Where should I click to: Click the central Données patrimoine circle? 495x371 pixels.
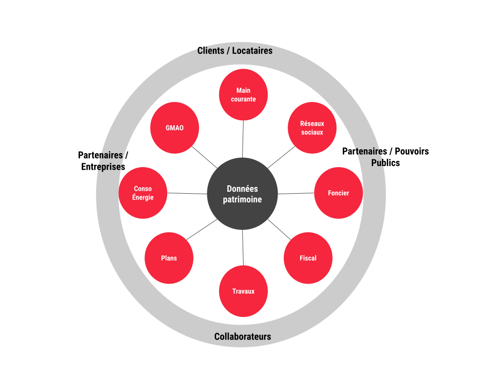[x=242, y=194]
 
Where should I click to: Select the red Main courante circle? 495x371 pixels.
[x=243, y=95]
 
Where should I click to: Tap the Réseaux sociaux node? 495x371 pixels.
[x=312, y=128]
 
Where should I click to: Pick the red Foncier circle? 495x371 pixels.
[x=338, y=193]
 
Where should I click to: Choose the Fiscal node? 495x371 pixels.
[x=308, y=258]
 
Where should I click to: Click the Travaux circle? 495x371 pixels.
[x=243, y=291]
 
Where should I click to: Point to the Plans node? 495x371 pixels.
[x=169, y=258]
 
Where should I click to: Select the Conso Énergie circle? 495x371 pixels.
[x=143, y=193]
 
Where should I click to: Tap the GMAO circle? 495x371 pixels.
[x=175, y=128]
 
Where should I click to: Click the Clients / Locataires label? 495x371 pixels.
[x=235, y=51]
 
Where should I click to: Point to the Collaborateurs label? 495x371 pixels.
[x=243, y=337]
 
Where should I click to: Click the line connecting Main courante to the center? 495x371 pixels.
[x=243, y=139]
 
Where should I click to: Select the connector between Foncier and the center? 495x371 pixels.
[x=296, y=193]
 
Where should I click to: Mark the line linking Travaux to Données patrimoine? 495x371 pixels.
[x=243, y=247]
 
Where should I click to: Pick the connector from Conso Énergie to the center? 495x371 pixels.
[x=187, y=193]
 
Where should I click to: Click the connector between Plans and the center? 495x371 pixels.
[x=202, y=229]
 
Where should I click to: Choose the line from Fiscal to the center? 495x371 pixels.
[x=279, y=229]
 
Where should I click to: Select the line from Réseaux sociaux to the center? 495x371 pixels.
[x=281, y=157]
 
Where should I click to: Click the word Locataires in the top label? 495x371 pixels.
[x=252, y=51]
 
